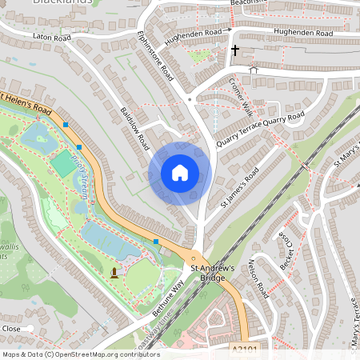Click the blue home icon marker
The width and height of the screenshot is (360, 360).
click(x=180, y=173)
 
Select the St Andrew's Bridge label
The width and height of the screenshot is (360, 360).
click(x=211, y=273)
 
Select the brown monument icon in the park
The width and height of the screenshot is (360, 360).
click(x=114, y=273)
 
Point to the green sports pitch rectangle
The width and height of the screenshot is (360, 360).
click(x=62, y=163)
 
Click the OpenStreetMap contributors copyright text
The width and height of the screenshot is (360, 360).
click(x=80, y=354)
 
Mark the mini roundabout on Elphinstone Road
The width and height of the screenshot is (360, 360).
click(x=190, y=99)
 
